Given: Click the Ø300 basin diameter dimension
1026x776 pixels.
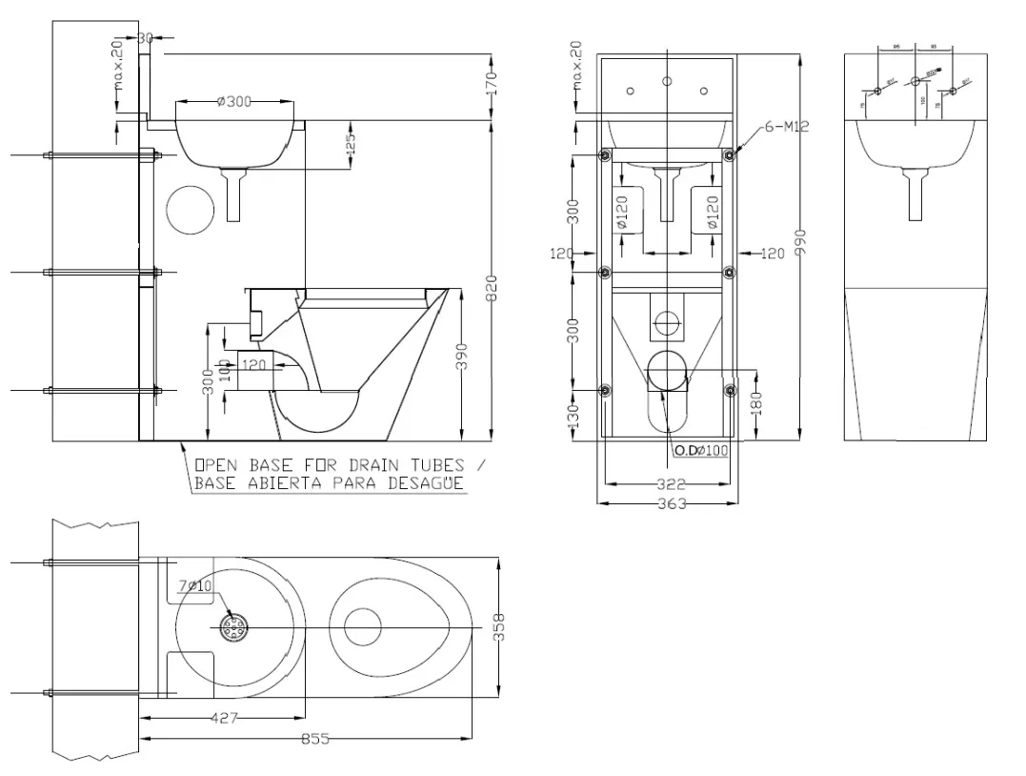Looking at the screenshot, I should (x=233, y=102).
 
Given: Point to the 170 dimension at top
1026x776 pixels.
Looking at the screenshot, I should (x=492, y=82).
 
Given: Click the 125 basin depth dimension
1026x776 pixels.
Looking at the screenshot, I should (x=351, y=144).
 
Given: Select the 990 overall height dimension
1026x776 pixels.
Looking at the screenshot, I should (x=801, y=243).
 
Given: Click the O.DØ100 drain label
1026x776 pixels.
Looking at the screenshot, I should (x=701, y=449).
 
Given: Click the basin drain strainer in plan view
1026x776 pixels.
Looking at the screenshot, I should (x=234, y=626).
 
